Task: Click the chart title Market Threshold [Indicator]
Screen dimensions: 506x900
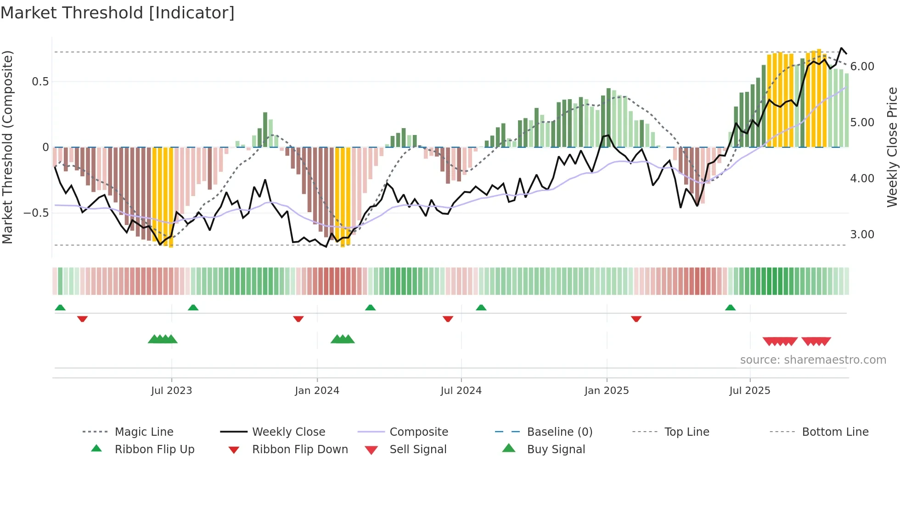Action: (118, 13)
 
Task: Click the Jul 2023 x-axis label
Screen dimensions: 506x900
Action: (171, 391)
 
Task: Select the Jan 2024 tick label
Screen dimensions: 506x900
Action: (317, 391)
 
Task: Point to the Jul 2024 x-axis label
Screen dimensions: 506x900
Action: (461, 391)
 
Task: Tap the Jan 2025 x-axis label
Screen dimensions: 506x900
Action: (607, 391)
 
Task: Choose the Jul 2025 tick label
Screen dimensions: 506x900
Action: (750, 391)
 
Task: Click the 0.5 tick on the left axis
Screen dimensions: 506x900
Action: (40, 82)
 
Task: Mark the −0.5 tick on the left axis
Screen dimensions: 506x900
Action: (36, 213)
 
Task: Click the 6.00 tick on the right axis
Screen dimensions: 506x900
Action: (862, 67)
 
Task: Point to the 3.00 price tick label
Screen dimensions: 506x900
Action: (862, 235)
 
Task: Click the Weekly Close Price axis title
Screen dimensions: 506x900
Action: (892, 147)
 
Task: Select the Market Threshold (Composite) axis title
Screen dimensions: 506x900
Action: (7, 147)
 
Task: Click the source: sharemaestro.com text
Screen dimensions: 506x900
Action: (813, 360)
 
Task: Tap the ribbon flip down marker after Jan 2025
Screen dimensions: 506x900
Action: (636, 319)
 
